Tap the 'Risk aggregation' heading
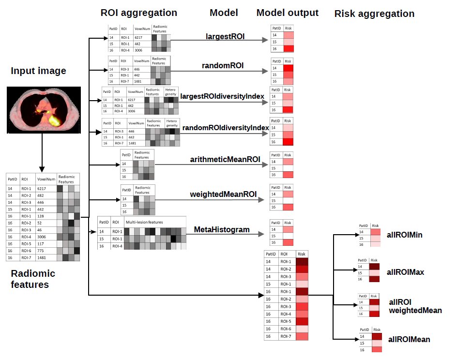[374, 14]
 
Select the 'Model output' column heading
[287, 13]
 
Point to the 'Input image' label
[38, 71]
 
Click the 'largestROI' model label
[225, 36]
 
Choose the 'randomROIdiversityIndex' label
[225, 128]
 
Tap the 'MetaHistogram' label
[222, 229]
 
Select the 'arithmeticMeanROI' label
[225, 159]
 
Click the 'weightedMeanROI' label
[223, 194]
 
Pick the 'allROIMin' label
[405, 235]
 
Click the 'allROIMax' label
[405, 272]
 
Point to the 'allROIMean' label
[408, 340]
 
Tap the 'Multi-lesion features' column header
[144, 222]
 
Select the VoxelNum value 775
[41, 251]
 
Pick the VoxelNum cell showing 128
[41, 216]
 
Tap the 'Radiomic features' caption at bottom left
[33, 279]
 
